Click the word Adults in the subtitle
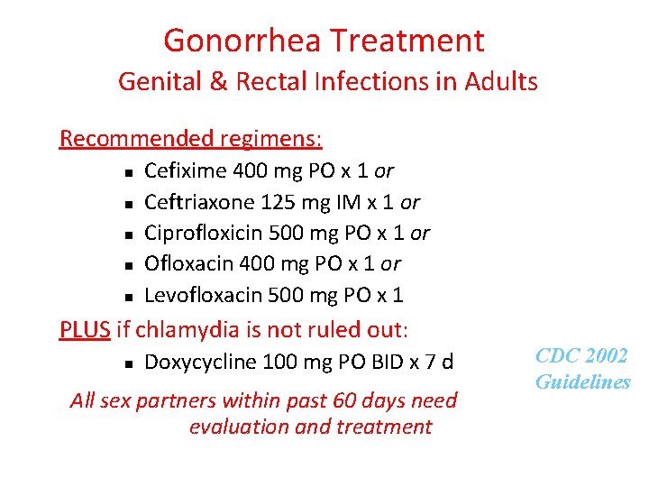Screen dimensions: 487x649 coord(503,82)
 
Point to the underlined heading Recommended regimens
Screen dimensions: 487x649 coord(191,139)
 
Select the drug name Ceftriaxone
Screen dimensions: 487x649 coord(196,201)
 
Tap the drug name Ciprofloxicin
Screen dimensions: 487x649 coord(200,233)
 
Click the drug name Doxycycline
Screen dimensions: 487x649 coord(195,363)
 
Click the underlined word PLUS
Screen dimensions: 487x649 coord(85,329)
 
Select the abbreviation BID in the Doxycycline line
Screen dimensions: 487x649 coord(386,363)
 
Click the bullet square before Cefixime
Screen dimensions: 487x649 coord(130,171)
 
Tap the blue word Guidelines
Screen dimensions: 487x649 coord(583,381)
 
